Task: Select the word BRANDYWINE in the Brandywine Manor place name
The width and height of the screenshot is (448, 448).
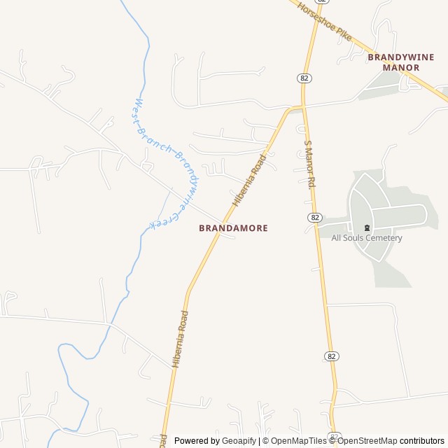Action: tap(401, 57)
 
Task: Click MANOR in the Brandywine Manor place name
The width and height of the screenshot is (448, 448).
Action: tap(401, 67)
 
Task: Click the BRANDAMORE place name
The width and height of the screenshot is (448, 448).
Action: tap(233, 228)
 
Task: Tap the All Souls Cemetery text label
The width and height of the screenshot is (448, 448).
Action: tap(367, 238)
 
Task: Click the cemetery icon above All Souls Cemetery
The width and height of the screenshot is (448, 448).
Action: tap(367, 227)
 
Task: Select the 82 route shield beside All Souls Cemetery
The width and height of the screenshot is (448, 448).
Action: tap(315, 218)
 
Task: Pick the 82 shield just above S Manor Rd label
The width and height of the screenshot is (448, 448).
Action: tap(304, 78)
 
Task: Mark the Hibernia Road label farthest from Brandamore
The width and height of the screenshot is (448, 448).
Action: tap(181, 339)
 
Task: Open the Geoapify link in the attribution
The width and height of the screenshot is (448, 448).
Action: tap(239, 441)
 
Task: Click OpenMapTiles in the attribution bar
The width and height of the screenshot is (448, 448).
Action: tap(298, 441)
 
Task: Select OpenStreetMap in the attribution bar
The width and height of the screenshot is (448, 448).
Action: tap(367, 441)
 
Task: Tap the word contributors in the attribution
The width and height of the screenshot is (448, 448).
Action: tap(422, 441)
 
